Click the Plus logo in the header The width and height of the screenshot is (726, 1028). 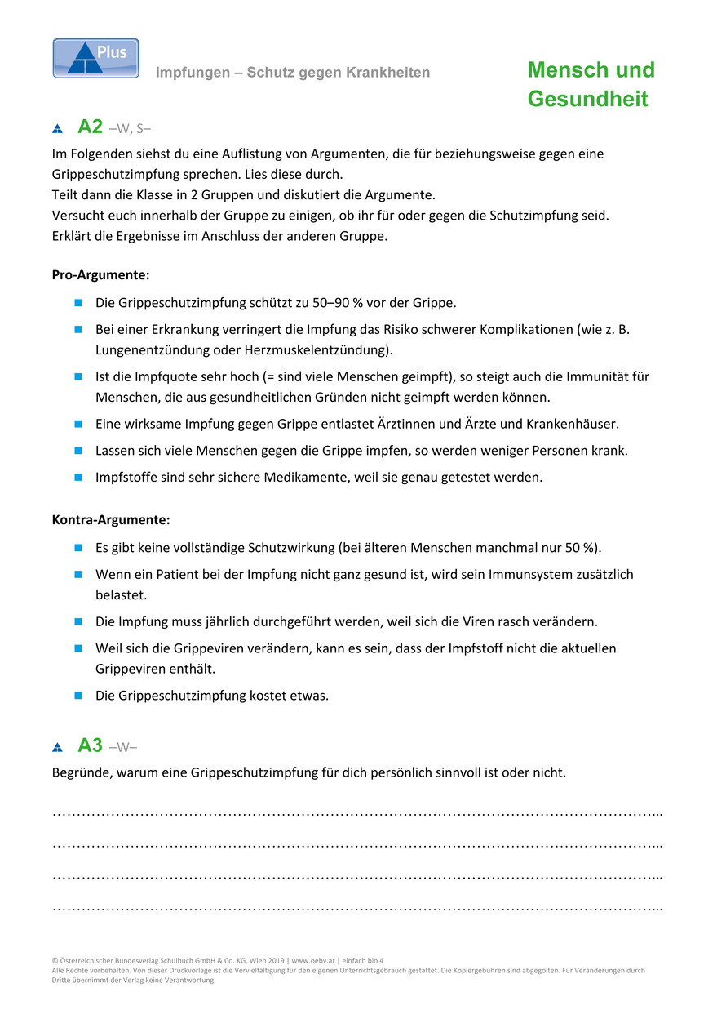pos(95,58)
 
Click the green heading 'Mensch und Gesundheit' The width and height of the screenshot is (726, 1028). pos(591,84)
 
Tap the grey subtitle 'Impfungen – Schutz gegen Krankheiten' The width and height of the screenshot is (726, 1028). pos(293,73)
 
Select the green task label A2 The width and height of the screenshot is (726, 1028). pos(90,127)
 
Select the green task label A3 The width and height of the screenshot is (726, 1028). pos(90,745)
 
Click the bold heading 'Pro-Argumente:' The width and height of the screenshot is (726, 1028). pos(100,275)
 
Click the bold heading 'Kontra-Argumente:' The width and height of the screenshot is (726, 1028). pos(111,519)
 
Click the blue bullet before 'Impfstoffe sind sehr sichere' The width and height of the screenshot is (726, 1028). pos(78,478)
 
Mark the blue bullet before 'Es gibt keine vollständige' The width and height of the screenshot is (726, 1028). pos(78,547)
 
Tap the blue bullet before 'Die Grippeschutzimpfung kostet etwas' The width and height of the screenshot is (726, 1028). pos(78,696)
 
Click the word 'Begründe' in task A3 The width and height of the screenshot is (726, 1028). pos(80,772)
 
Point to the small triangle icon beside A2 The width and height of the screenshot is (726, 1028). pos(57,128)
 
